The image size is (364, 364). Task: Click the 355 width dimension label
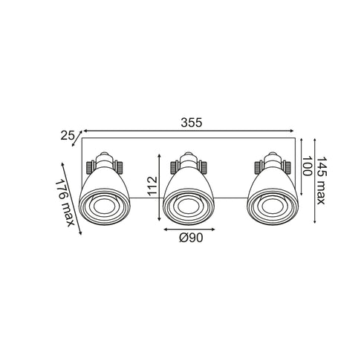coord(192,123)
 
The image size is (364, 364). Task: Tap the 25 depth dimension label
coord(68,135)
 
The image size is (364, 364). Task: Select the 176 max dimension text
coord(65,203)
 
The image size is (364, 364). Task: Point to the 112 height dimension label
coord(152,186)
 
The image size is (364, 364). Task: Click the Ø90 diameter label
coord(191,238)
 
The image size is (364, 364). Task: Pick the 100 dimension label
coord(307,166)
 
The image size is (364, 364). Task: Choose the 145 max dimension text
coord(321,181)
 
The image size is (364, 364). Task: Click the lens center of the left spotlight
coord(104,207)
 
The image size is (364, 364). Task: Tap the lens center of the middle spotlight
coord(188,207)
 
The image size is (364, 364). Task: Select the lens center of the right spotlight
coord(273,207)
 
